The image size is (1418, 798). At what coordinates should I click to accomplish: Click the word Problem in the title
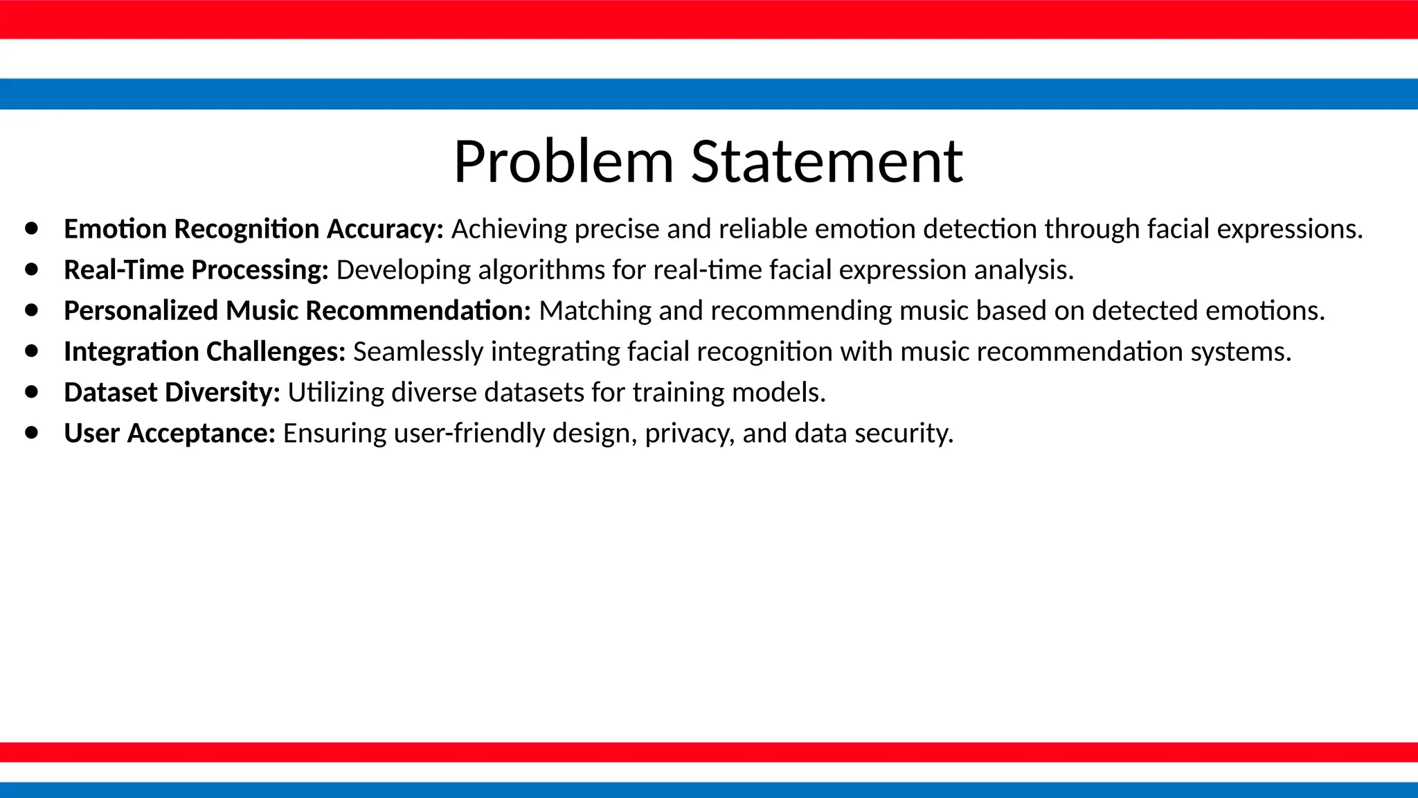(x=564, y=161)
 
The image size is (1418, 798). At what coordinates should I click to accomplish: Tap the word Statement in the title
(x=827, y=161)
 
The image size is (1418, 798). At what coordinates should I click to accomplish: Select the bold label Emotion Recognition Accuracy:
(x=253, y=229)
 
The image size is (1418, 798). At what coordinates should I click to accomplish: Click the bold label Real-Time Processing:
(x=196, y=269)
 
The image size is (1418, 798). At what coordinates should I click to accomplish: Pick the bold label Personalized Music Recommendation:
(x=297, y=310)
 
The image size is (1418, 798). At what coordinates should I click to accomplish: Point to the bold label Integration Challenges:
(x=204, y=351)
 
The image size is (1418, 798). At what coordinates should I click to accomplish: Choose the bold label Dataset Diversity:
(x=172, y=392)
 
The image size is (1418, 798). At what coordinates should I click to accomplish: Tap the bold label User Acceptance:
(x=170, y=433)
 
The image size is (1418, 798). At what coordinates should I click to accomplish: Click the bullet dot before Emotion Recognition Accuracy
(x=32, y=228)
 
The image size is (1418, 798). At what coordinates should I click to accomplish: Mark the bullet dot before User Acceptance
(x=32, y=432)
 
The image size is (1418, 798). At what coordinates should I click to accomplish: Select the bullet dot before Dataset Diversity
(x=32, y=391)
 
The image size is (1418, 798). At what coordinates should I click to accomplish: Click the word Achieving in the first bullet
(x=509, y=229)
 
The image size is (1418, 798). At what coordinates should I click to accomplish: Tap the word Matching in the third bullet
(x=595, y=310)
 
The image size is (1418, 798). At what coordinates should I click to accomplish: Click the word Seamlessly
(x=418, y=351)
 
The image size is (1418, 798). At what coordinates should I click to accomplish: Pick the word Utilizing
(x=336, y=392)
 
